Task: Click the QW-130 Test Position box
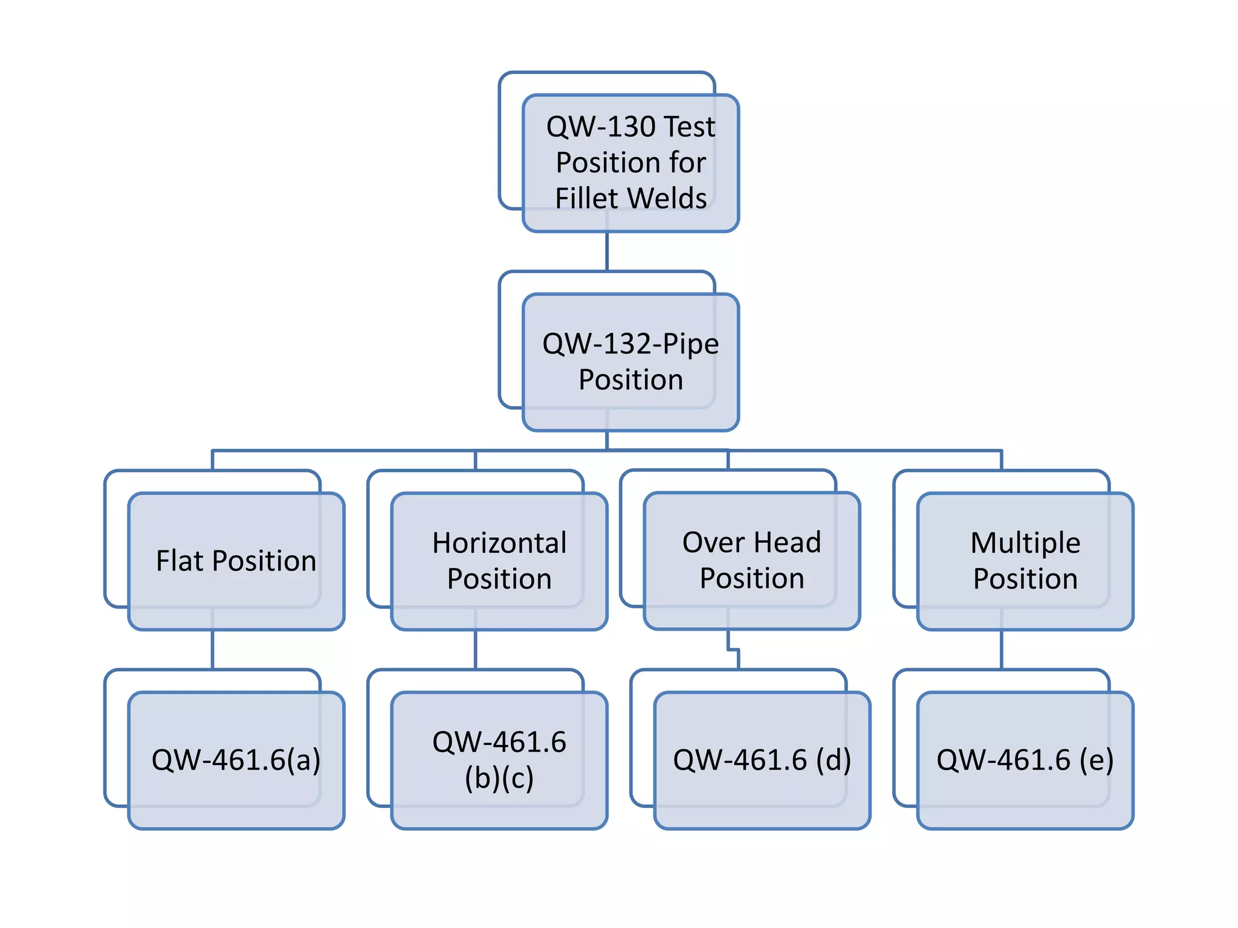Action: coord(630,163)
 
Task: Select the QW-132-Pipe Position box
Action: coord(630,362)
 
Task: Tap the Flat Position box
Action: coord(236,561)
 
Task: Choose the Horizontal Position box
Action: coord(499,561)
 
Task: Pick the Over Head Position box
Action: coord(751,561)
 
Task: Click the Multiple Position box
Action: coord(1025,561)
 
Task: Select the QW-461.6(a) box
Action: coord(236,760)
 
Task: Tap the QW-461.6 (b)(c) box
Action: coord(499,760)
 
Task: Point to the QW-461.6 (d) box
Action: coord(762,760)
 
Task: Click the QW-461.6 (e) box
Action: coord(1025,760)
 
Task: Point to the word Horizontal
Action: coord(499,543)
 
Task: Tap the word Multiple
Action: coord(1025,543)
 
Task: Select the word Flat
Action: coord(180,561)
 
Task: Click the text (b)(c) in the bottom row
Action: coord(499,778)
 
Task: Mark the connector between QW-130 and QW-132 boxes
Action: coord(607,251)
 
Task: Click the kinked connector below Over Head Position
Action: coord(734,650)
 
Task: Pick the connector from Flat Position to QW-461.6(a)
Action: coord(213,649)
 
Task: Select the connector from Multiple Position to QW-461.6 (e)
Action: coord(1002,649)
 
